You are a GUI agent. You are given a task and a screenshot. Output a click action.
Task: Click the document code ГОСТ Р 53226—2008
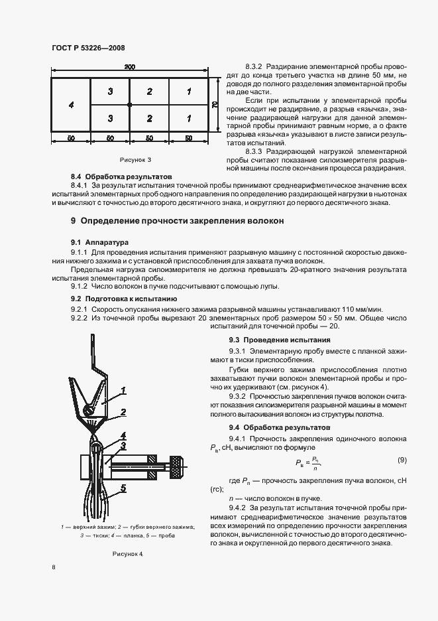point(88,48)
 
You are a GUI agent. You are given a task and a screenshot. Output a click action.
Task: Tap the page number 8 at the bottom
point(53,567)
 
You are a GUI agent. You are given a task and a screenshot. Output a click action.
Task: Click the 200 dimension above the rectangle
point(129,67)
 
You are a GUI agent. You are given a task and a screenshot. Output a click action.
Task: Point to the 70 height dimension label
point(215,104)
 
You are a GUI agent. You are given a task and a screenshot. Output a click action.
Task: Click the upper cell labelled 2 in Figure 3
point(150,91)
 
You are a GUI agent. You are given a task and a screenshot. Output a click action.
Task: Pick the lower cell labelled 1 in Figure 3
point(189,118)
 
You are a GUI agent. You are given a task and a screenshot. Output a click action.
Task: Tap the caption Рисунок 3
point(135,160)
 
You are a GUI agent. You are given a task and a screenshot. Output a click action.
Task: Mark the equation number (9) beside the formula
point(402,460)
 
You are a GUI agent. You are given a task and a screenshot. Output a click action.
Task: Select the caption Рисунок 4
point(128,553)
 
